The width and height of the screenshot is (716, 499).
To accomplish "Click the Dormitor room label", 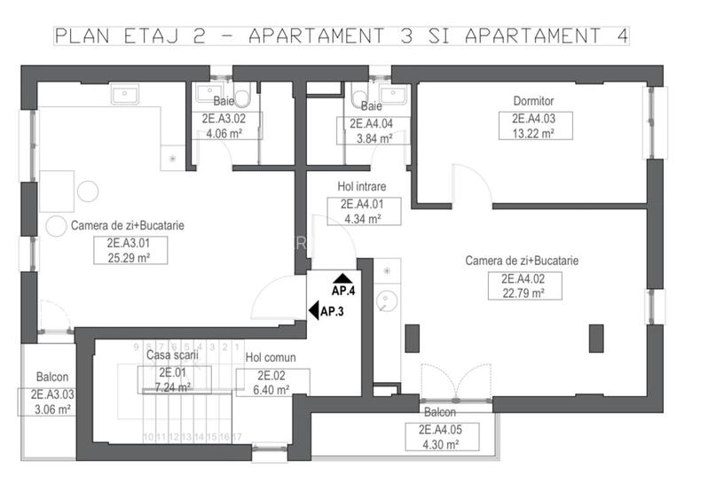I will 533,101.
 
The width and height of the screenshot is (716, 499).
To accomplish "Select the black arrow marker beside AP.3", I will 313,310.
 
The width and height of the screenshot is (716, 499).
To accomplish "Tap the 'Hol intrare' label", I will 359,187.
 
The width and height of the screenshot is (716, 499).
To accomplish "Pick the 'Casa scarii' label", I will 172,355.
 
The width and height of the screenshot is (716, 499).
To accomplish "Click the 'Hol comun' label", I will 271,358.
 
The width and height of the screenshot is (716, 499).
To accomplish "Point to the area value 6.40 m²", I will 271,389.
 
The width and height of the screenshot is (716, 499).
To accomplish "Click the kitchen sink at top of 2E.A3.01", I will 122,95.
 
